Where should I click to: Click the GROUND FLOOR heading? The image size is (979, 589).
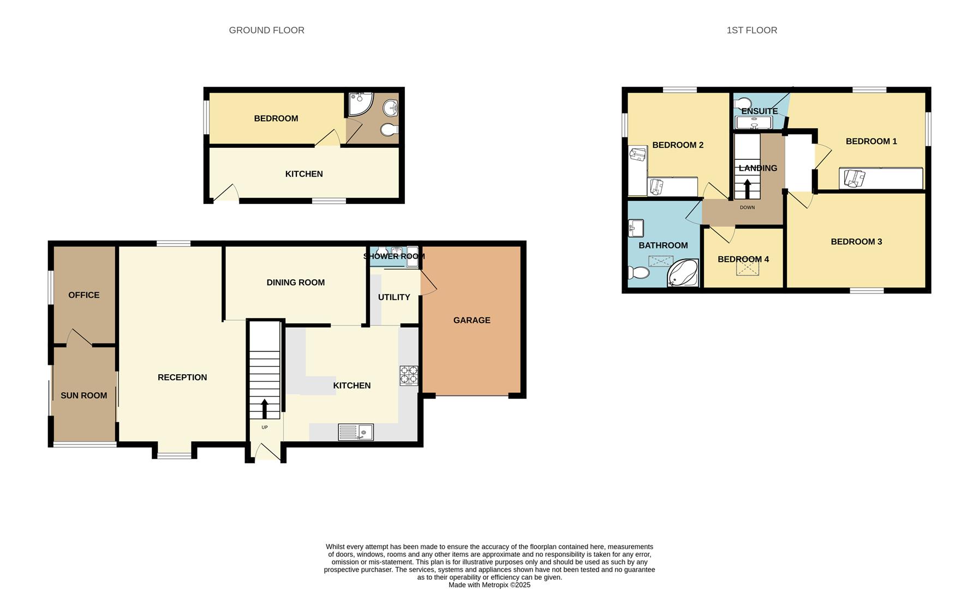point(266,31)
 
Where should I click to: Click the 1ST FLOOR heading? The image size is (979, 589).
point(751,31)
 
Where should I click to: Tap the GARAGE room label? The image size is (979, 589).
point(471,320)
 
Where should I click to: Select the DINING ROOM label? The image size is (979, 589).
point(295,283)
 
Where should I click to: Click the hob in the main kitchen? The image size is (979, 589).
point(409,375)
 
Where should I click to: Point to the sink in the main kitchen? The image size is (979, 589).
point(356,432)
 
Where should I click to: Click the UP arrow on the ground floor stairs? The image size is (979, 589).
point(265,408)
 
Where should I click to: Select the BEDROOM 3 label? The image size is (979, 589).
point(856,242)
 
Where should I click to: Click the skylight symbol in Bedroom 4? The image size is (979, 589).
point(747,268)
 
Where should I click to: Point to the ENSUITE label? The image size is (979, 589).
point(759,111)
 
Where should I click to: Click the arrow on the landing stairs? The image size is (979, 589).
point(747,189)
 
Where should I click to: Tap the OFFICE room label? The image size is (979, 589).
point(83,295)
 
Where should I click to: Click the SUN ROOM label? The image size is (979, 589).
point(83,395)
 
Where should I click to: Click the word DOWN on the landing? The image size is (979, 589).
point(747,208)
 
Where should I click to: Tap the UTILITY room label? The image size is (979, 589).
point(393,297)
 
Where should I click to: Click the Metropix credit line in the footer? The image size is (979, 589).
point(489,585)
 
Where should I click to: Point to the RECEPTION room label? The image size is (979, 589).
point(182,377)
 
